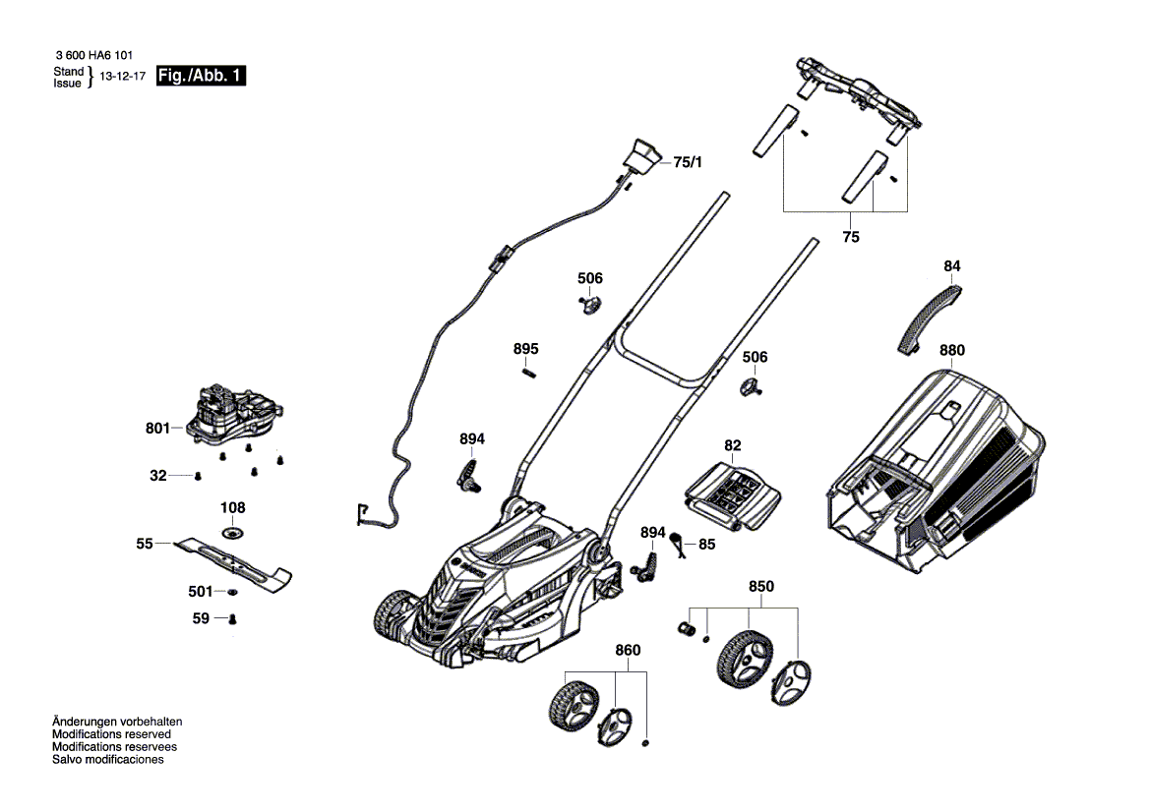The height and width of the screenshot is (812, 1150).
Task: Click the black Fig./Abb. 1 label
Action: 201,76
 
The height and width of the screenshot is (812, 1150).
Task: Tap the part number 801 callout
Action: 157,428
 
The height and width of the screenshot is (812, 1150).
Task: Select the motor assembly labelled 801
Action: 236,415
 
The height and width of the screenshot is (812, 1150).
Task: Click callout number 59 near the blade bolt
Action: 201,618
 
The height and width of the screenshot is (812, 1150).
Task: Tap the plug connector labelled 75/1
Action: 640,156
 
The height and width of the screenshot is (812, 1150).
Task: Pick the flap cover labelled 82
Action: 733,496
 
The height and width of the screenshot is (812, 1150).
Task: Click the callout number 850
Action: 761,586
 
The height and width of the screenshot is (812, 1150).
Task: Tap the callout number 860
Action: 628,650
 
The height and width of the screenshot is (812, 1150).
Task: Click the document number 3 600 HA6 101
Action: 93,55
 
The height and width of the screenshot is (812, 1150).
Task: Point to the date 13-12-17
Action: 123,77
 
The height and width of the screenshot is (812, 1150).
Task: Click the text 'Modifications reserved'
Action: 111,734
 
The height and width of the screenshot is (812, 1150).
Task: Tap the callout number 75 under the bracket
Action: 851,237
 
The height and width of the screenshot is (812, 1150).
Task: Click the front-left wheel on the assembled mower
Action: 395,615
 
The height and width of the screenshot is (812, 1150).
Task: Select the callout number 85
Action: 707,545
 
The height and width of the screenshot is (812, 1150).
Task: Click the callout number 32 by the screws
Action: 158,476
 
